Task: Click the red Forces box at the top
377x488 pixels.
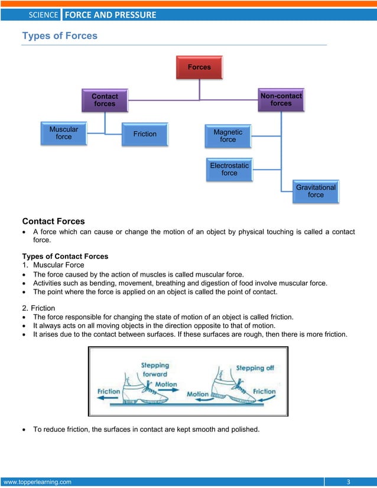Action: pos(199,67)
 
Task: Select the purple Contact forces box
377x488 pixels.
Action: pos(105,100)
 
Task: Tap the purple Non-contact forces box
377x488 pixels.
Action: pos(281,100)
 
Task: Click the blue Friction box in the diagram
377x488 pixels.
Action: pos(145,134)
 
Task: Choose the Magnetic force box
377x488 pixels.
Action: pos(227,136)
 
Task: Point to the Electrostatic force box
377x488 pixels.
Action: pos(229,170)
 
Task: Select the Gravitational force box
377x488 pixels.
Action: pos(316,191)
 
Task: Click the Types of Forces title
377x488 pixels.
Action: pos(60,36)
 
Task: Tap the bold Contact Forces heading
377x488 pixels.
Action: pos(53,222)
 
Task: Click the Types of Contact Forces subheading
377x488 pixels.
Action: pos(65,256)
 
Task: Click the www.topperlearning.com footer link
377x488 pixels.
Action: pos(37,482)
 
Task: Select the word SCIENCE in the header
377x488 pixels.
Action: pos(43,15)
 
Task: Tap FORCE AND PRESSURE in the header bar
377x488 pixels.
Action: pos(110,15)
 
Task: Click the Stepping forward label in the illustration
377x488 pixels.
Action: pos(155,369)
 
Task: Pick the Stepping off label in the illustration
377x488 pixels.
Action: pos(255,368)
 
